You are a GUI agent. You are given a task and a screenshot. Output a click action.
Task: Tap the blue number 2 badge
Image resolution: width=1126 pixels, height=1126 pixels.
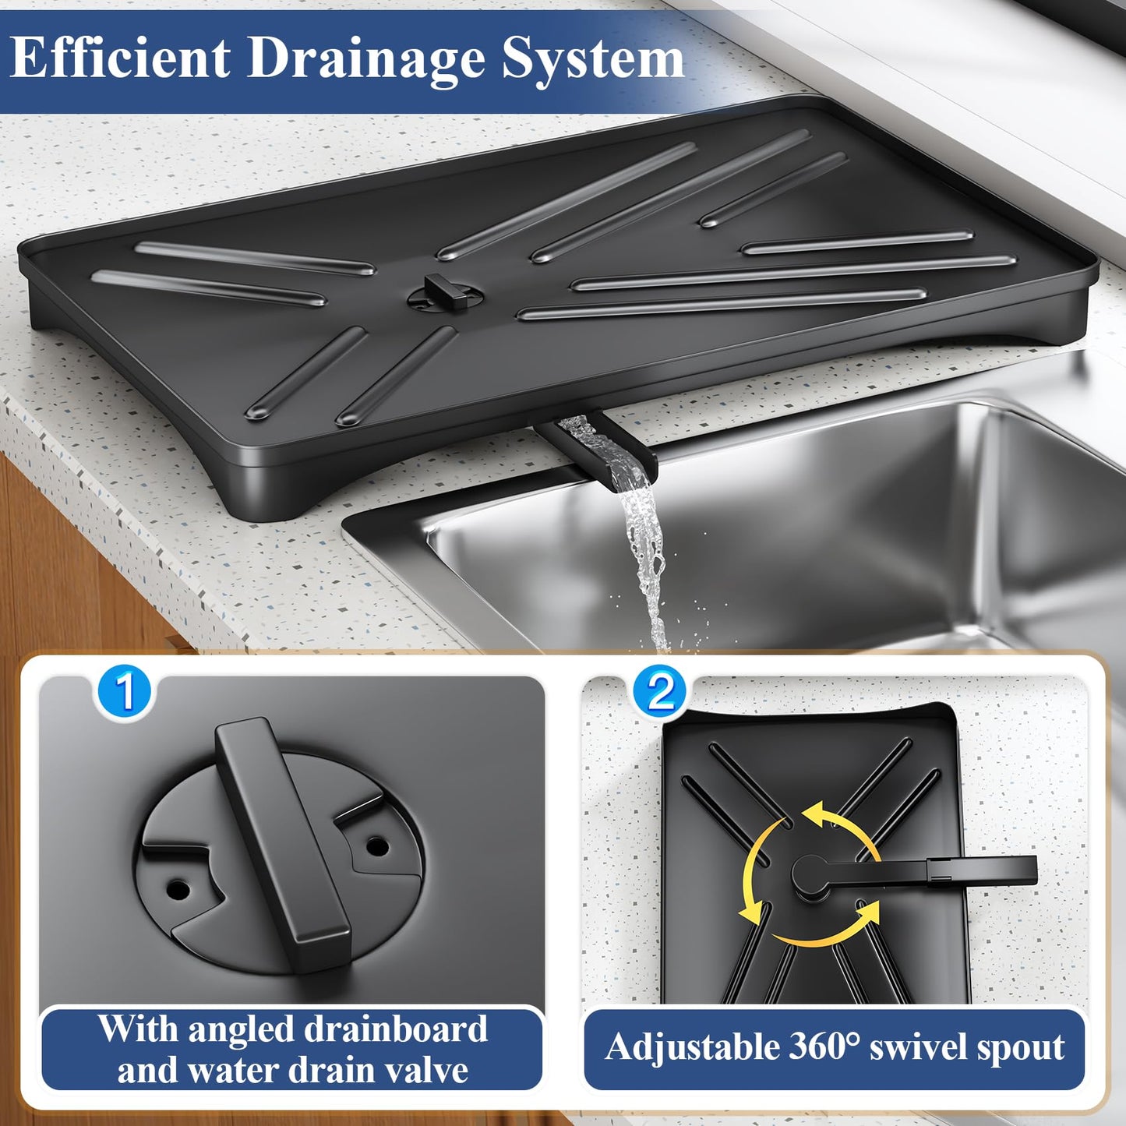pyautogui.click(x=660, y=691)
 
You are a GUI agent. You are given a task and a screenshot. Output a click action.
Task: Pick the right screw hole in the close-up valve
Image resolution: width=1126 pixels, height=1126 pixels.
pyautogui.click(x=377, y=844)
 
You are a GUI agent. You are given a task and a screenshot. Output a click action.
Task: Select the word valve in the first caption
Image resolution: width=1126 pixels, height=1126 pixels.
pyautogui.click(x=428, y=1071)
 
